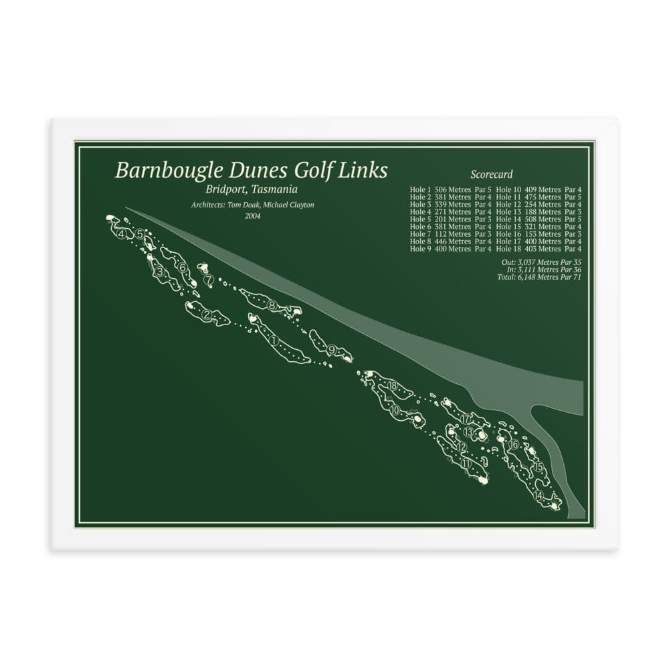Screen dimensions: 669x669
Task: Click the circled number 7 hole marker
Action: pyautogui.click(x=209, y=279)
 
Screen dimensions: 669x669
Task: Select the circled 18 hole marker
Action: pyautogui.click(x=392, y=385)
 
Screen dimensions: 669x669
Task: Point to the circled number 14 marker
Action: pyautogui.click(x=539, y=496)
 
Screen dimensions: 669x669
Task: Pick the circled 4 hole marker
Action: pyautogui.click(x=121, y=234)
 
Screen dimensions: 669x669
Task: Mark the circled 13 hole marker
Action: pyautogui.click(x=468, y=432)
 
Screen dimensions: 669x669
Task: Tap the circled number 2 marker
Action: pyautogui.click(x=207, y=315)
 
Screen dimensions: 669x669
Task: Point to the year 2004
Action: pyautogui.click(x=253, y=215)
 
